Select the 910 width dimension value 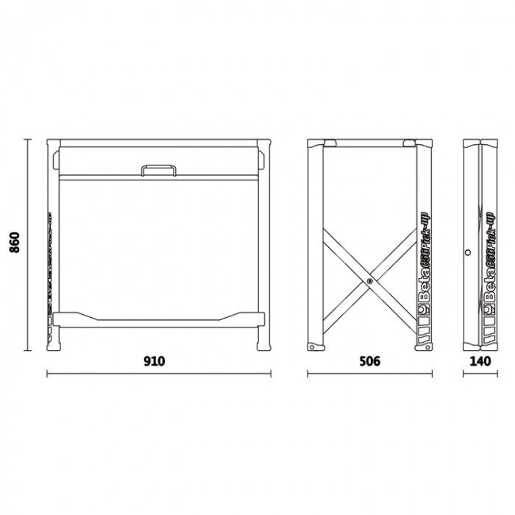[x=154, y=361]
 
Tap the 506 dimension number [x=370, y=361]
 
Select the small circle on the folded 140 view [x=468, y=252]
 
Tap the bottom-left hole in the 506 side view [x=313, y=347]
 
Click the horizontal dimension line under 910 [x=159, y=374]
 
